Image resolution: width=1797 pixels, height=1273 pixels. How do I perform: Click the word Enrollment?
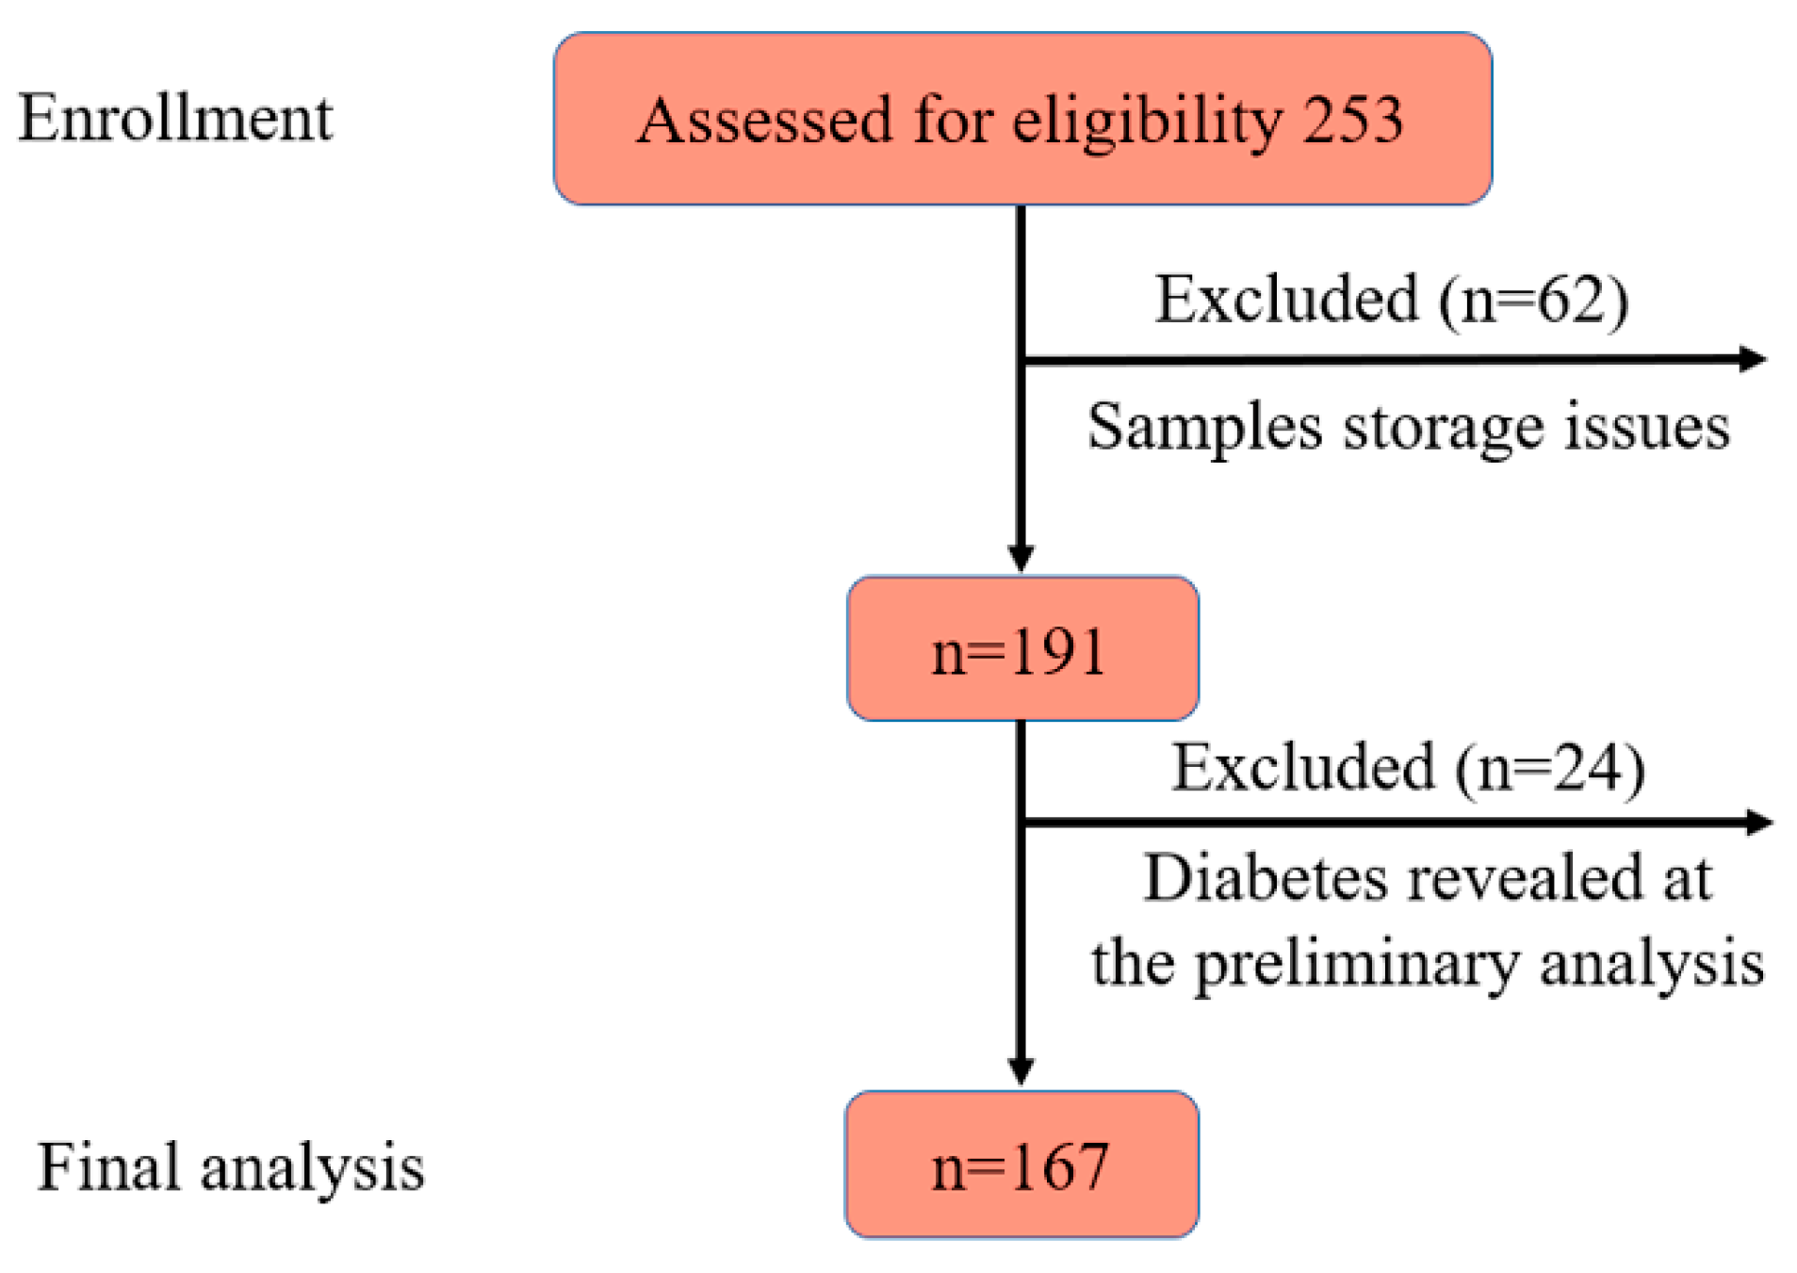175,120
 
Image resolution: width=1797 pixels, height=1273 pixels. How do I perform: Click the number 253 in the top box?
1352,122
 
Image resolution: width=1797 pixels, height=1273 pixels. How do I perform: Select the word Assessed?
764,122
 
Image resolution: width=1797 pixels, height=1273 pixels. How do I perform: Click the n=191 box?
1021,649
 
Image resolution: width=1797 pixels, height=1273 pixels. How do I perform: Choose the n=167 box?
1021,1165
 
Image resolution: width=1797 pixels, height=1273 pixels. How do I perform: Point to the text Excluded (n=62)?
1391,301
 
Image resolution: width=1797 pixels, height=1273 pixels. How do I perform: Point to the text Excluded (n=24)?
1408,768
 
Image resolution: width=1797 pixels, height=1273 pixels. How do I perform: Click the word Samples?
1203,428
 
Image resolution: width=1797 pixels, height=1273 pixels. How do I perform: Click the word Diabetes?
1265,879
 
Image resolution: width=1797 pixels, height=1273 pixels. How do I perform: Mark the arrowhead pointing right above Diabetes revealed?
1758,823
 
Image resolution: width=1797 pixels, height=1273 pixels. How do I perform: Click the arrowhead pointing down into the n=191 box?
1021,558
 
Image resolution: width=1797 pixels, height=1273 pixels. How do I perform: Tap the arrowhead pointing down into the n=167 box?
1021,1071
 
